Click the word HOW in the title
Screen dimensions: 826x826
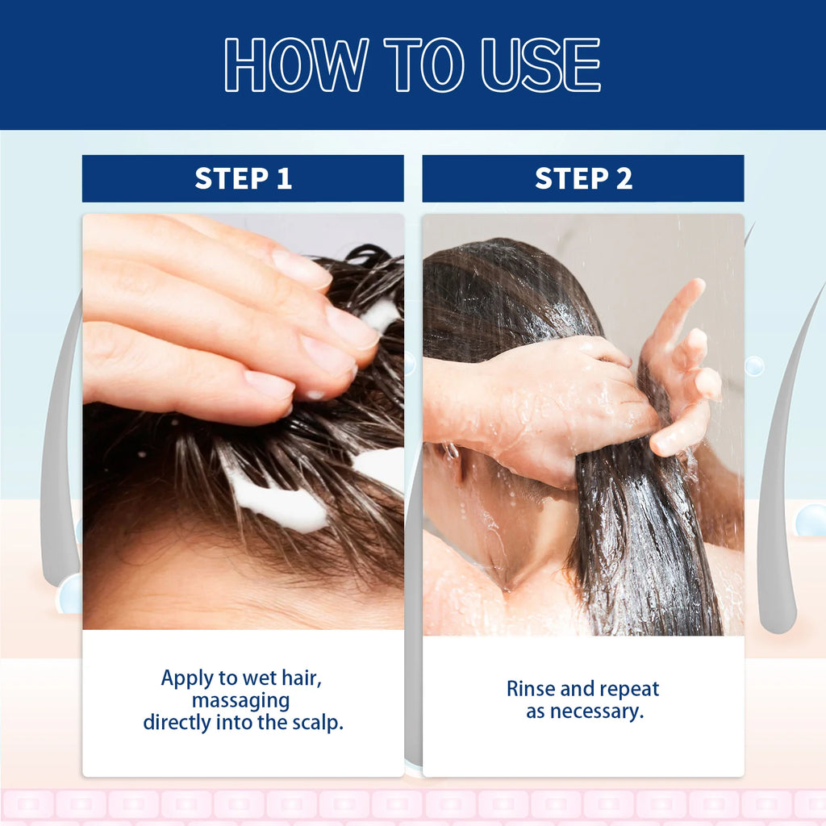point(296,65)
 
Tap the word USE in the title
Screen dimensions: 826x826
point(541,65)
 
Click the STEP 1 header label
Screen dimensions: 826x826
point(243,178)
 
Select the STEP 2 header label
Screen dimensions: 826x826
point(583,178)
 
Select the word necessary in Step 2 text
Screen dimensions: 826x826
point(607,711)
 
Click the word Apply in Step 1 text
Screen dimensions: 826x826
point(186,678)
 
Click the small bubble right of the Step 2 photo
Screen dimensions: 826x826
point(754,366)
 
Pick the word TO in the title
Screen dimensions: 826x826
point(424,65)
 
